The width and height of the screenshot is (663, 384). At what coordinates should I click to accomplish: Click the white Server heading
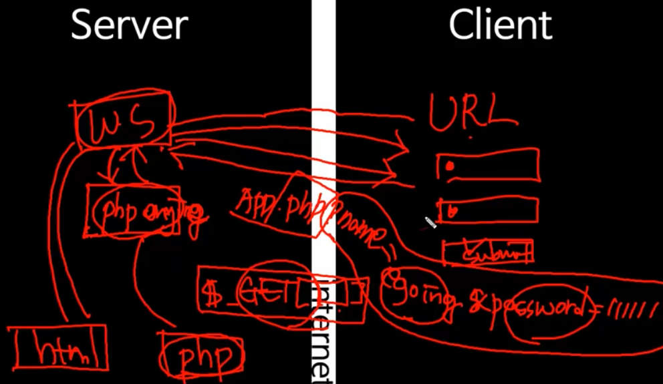(128, 25)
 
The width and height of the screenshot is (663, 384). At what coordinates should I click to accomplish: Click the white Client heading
(500, 25)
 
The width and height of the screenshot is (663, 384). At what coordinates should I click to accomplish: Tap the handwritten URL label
(471, 112)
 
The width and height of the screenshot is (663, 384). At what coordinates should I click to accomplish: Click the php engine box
(134, 211)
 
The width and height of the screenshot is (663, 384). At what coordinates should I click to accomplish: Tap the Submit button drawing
(489, 253)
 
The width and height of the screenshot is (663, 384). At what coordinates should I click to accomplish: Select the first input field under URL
(488, 165)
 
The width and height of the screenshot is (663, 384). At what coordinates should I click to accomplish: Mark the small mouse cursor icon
(430, 222)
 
